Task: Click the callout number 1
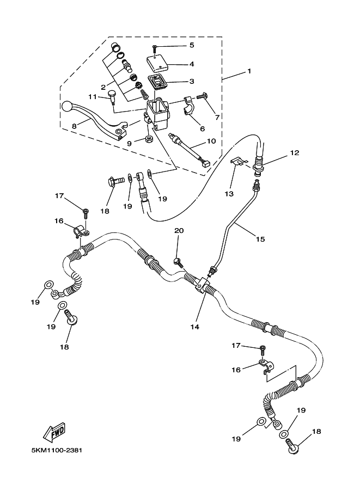point(249,71)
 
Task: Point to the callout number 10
point(211,141)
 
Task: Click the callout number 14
point(194,327)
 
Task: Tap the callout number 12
point(295,153)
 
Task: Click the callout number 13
point(229,193)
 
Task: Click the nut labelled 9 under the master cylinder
point(149,140)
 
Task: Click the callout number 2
point(102,87)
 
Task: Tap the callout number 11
point(93,97)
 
